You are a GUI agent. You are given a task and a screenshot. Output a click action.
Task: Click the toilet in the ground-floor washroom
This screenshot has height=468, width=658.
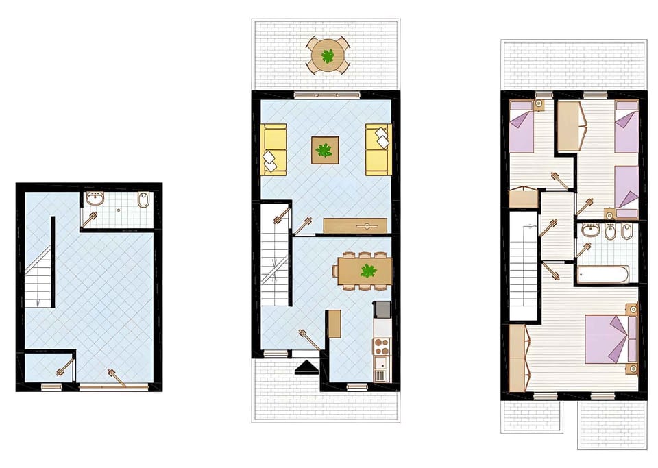pos(143,201)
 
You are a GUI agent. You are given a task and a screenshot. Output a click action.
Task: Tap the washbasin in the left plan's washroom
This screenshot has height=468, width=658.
pos(95,199)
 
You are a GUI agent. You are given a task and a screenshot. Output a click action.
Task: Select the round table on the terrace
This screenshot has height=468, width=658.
pos(328,56)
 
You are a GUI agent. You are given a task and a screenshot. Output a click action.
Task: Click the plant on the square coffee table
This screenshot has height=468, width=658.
pos(324,149)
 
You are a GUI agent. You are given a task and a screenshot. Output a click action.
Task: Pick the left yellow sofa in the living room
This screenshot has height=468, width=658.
pos(275,149)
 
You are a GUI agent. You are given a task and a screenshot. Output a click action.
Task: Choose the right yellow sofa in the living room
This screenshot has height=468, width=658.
pos(377,149)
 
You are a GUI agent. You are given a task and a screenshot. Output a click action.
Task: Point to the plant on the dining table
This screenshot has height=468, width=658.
pos(369,271)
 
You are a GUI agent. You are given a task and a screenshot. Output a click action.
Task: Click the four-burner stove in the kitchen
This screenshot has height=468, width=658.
pos(380,344)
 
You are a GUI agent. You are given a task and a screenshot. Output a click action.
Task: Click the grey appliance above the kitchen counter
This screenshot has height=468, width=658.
pos(381,310)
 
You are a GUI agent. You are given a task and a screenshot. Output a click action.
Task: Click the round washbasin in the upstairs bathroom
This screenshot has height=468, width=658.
pos(589,230)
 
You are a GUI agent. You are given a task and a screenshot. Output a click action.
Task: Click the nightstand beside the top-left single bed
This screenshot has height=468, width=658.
pos(539,105)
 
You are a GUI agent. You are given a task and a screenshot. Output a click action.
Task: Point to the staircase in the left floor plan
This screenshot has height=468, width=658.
pos(40,274)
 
